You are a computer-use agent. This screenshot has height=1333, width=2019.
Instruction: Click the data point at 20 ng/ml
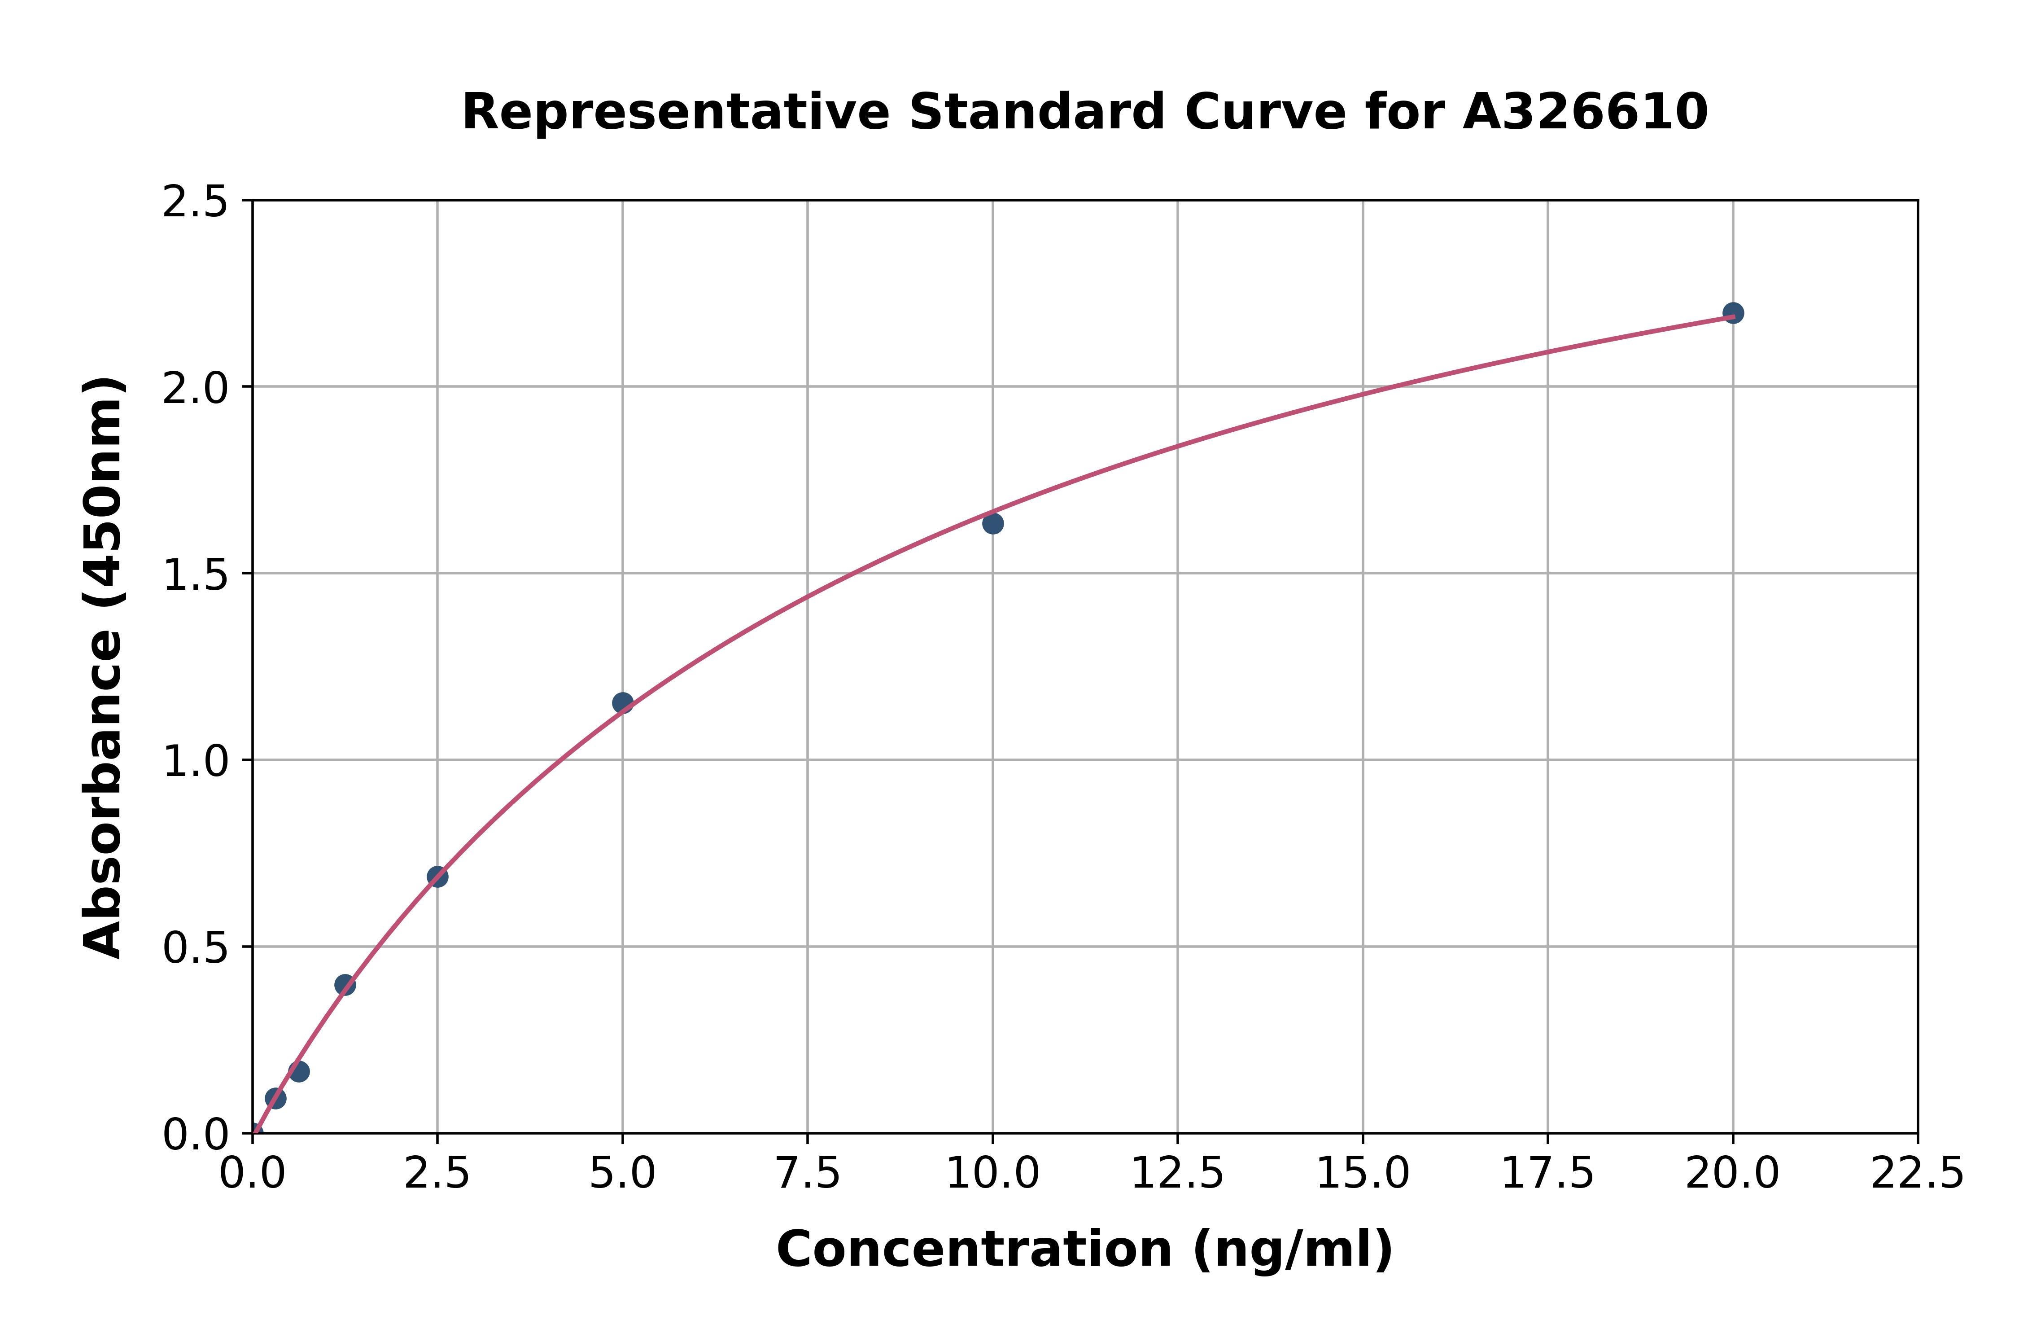pyautogui.click(x=1733, y=313)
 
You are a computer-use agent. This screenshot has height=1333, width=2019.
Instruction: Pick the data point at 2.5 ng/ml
pyautogui.click(x=437, y=877)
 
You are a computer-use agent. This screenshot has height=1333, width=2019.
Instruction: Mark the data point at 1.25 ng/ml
pyautogui.click(x=345, y=984)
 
